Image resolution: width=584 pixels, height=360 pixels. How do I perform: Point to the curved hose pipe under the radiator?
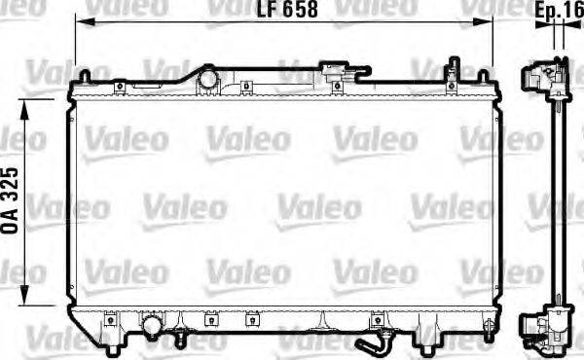(373, 343)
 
